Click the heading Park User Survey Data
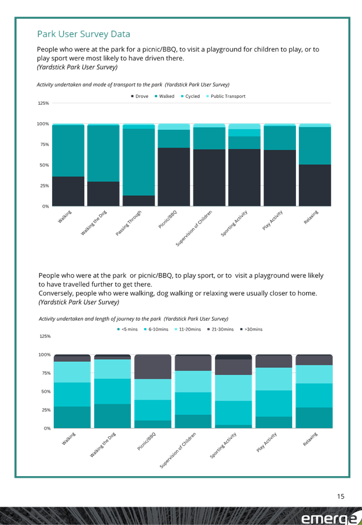pos(84,34)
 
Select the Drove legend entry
pos(140,96)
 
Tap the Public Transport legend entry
pos(226,96)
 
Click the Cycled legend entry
pos(190,96)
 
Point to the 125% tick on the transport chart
pos(43,103)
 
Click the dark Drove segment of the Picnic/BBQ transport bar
pos(174,177)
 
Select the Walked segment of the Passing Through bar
pos(139,162)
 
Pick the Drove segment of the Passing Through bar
pos(139,201)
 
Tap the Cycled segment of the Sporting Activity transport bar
pos(244,133)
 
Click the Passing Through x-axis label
pos(129,223)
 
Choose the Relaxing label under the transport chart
pos(311,217)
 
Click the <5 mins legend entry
pos(127,329)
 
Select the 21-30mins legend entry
pos(221,329)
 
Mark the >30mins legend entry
pos(251,329)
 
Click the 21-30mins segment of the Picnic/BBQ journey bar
pos(153,367)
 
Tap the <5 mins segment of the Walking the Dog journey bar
pos(113,416)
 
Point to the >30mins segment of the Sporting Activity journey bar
pos(233,357)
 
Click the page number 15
pos(340,496)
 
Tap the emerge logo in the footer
pos(329,518)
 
